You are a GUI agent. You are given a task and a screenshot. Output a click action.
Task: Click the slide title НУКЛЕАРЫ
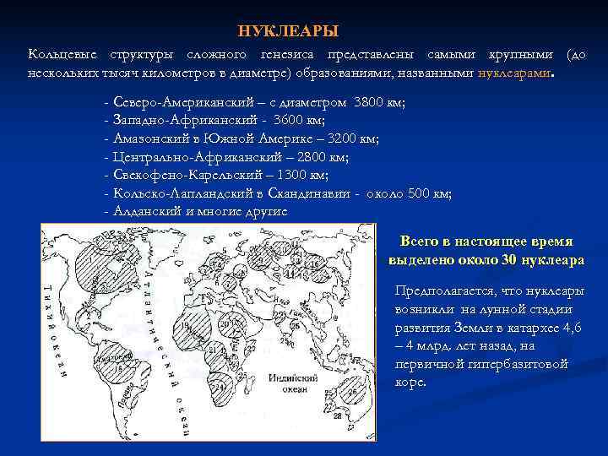[288, 31]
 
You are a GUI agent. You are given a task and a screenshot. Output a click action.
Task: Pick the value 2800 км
[322, 157]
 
